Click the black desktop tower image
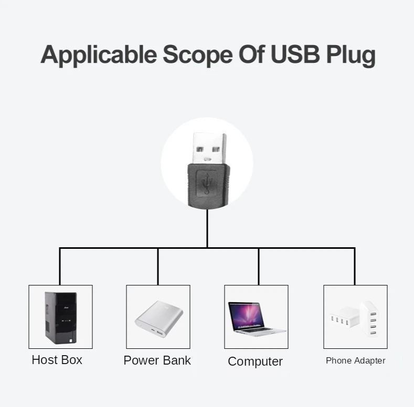pyautogui.click(x=60, y=317)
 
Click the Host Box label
pyautogui.click(x=57, y=360)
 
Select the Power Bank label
pyautogui.click(x=157, y=360)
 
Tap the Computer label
pyautogui.click(x=255, y=361)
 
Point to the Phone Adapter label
pyautogui.click(x=355, y=360)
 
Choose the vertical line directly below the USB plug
pyautogui.click(x=207, y=228)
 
